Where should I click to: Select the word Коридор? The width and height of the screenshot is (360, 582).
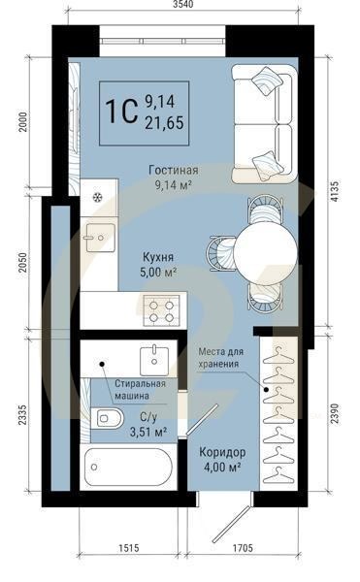(221, 453)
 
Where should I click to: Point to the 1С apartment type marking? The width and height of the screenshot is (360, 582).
(121, 111)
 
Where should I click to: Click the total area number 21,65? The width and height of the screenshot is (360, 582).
(164, 122)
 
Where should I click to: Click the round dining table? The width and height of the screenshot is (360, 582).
(265, 252)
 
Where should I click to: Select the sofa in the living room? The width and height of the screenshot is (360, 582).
(263, 123)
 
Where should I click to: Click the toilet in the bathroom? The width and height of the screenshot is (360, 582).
(110, 420)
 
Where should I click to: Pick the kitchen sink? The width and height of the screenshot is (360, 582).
(98, 235)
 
